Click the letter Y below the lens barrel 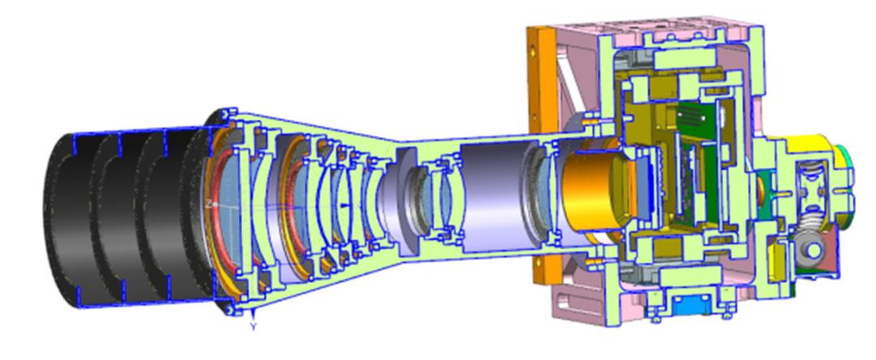click(x=254, y=327)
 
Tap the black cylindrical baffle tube click(x=127, y=220)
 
